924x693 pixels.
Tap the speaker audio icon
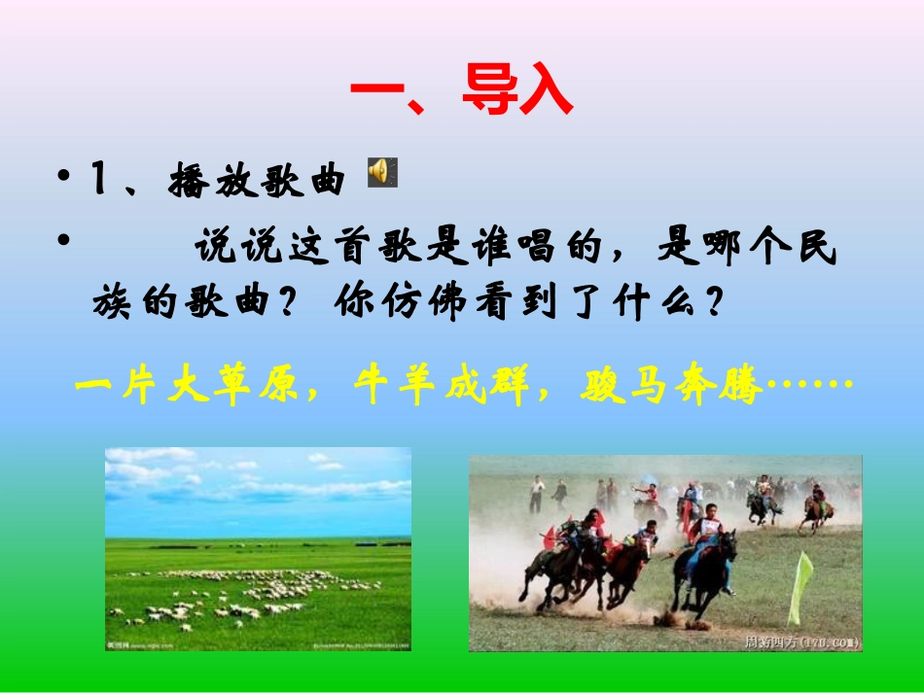tap(381, 172)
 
